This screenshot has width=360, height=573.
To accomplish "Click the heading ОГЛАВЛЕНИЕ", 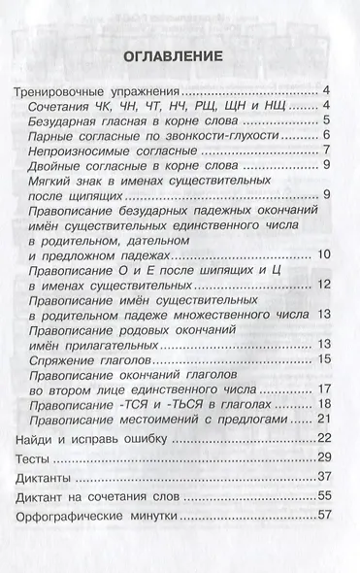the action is [180, 57].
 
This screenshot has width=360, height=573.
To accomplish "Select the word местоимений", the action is [193, 419].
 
